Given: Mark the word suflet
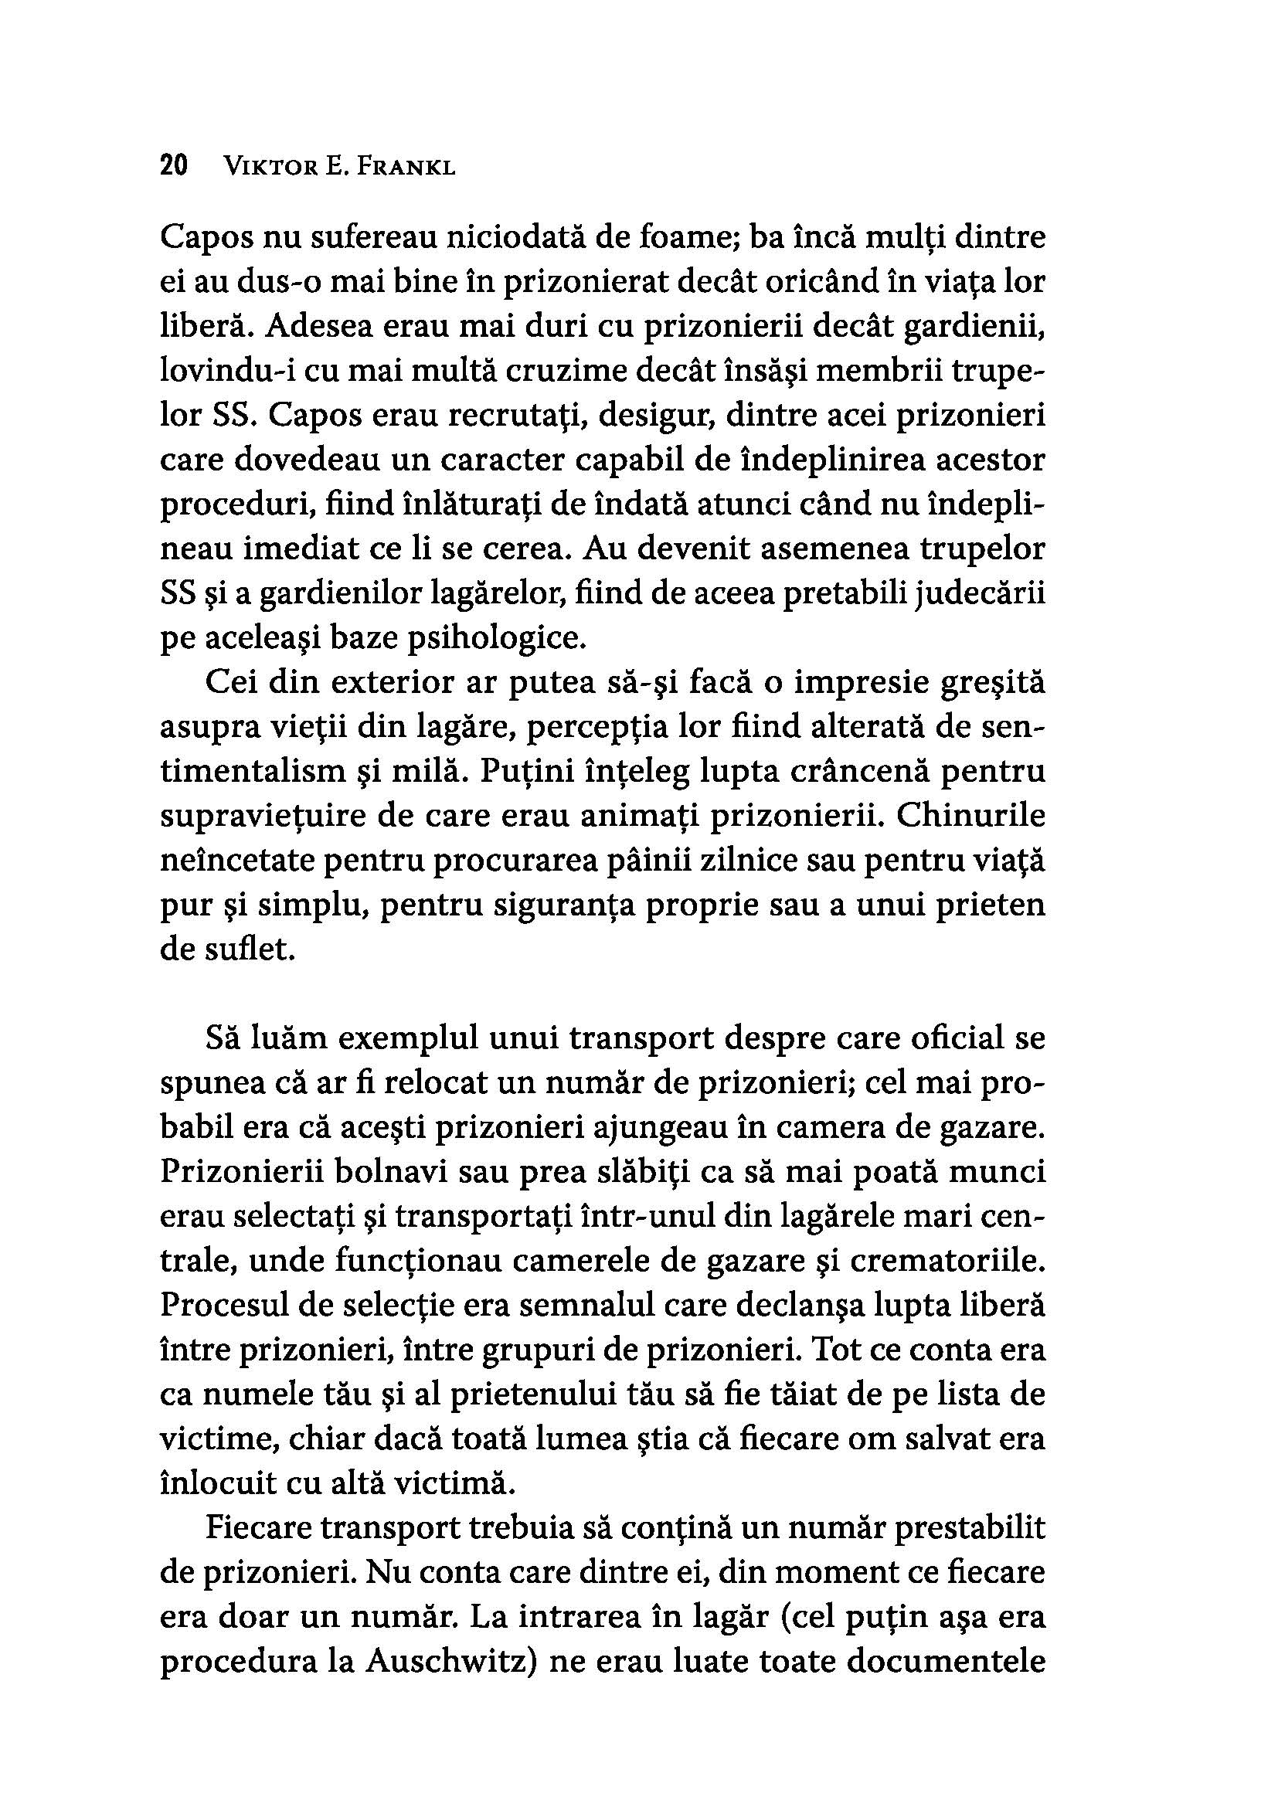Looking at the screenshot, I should [x=243, y=950].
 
